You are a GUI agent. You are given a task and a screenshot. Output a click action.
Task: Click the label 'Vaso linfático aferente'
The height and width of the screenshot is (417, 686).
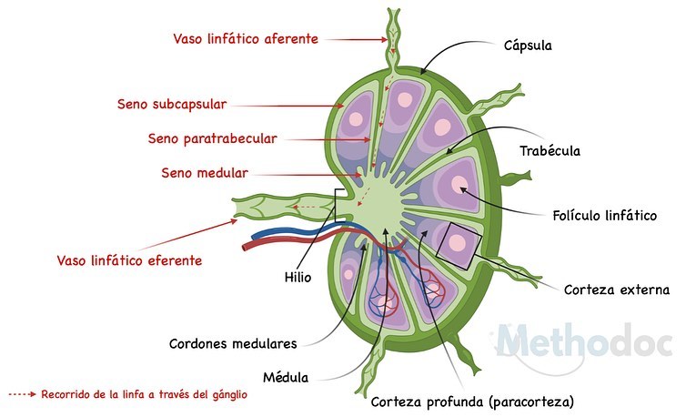click(246, 38)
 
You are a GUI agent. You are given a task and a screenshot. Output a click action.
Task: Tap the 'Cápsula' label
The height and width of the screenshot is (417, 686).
click(528, 46)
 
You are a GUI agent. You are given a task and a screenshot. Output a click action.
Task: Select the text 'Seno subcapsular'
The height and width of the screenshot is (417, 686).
click(172, 104)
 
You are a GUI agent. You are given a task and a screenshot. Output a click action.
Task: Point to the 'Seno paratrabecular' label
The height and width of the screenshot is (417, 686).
click(212, 138)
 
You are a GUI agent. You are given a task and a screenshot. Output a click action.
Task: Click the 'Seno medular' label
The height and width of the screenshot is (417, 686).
click(205, 173)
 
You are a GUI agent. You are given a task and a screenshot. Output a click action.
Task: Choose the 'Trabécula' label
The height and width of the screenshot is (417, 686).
click(550, 150)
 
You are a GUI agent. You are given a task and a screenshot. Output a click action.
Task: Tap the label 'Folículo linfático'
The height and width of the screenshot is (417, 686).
click(605, 215)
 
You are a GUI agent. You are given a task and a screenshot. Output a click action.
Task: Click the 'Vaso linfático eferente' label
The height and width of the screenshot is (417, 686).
click(129, 260)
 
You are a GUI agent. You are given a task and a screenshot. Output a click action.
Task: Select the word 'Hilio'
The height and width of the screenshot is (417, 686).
click(298, 277)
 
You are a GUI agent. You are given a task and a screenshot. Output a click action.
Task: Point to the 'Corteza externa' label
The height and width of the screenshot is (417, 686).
click(617, 290)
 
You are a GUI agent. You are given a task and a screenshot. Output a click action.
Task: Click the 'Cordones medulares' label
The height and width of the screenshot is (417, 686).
click(233, 343)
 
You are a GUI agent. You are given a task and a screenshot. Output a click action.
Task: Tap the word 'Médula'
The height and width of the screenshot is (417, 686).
click(286, 377)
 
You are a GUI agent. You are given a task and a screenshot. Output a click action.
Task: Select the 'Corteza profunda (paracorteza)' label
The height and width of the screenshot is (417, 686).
click(472, 402)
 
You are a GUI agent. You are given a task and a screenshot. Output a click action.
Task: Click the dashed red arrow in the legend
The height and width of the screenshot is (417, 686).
click(23, 394)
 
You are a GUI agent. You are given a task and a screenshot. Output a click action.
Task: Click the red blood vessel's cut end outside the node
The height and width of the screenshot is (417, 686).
click(246, 247)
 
